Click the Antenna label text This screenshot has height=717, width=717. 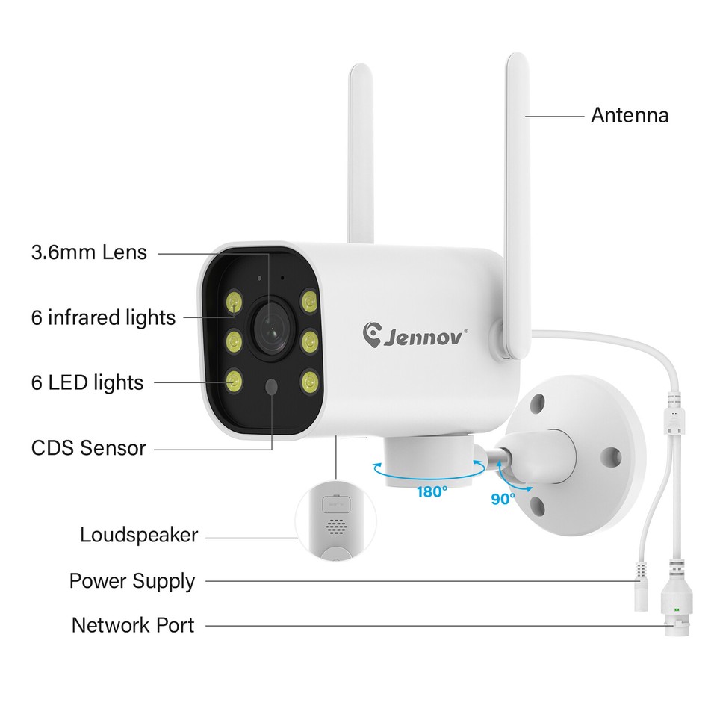(629, 116)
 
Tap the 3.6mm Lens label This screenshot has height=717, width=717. (89, 252)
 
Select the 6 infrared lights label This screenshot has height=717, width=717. (103, 317)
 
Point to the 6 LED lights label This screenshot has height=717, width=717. (87, 382)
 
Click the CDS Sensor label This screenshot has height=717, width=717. (88, 448)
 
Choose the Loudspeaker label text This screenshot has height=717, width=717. (139, 535)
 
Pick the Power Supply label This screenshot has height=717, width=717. (131, 581)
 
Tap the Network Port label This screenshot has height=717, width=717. (132, 625)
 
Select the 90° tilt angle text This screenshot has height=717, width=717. (503, 498)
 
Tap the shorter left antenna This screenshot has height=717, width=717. (361, 157)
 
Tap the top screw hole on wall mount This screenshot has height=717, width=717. (536, 401)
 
